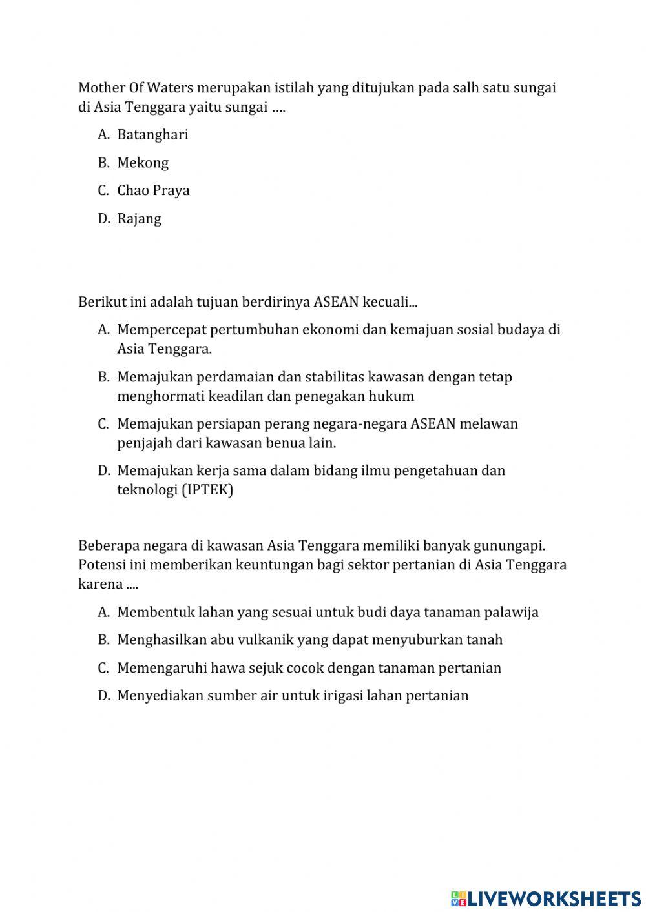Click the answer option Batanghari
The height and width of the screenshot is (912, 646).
152,135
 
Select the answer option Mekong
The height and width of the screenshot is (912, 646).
143,163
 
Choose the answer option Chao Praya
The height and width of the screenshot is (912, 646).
153,190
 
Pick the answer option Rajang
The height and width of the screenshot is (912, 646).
139,219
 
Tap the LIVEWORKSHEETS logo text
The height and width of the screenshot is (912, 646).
554,898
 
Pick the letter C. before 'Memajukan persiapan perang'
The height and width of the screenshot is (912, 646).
103,424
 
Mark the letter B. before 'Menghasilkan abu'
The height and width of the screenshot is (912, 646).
103,640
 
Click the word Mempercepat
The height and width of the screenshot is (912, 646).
153,330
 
